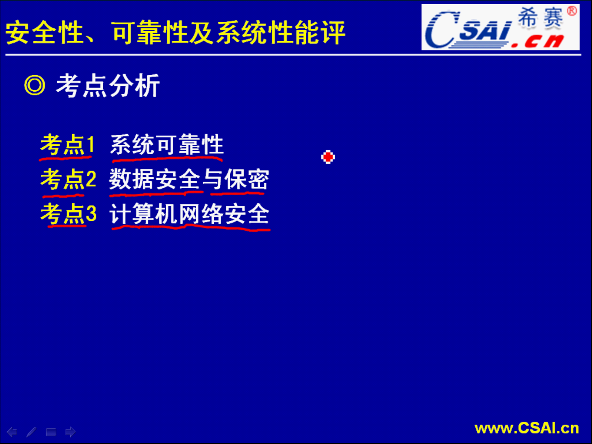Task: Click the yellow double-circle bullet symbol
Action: pos(35,85)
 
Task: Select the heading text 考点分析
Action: pos(108,86)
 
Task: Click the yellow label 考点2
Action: pos(68,179)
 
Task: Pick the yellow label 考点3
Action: pos(68,213)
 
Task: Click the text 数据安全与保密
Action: pos(189,179)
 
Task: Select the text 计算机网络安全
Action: pos(190,213)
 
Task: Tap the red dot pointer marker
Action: pos(328,157)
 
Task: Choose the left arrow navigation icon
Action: pos(12,432)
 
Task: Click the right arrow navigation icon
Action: pos(71,432)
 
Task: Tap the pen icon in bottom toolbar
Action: pos(31,432)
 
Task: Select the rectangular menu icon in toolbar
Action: pos(51,432)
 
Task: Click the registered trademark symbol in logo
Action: pos(572,11)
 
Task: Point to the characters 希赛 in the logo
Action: pos(541,18)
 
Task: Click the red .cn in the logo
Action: pos(538,41)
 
